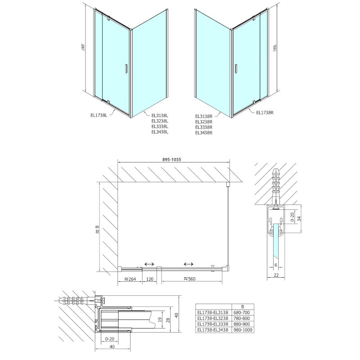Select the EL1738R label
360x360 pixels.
[x=265, y=112]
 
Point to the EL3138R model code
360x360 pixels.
[x=204, y=116]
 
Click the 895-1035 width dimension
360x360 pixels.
[x=174, y=157]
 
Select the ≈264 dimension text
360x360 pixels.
[x=129, y=279]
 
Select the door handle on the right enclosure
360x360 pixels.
[x=235, y=68]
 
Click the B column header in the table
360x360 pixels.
[x=243, y=306]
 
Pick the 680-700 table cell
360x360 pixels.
[x=243, y=311]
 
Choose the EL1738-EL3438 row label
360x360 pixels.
[x=213, y=330]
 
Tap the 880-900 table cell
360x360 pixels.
[x=243, y=324]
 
